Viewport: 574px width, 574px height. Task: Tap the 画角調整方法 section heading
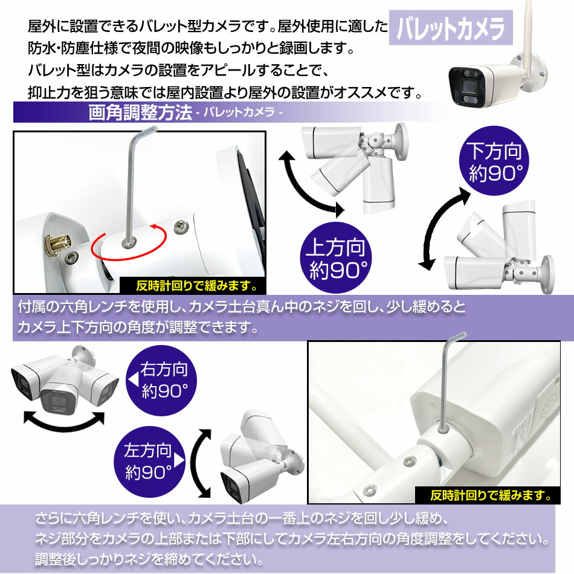tap(140, 113)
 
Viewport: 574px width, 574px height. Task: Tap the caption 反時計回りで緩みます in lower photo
tap(491, 497)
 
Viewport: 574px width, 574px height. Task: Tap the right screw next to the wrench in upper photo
tap(178, 227)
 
